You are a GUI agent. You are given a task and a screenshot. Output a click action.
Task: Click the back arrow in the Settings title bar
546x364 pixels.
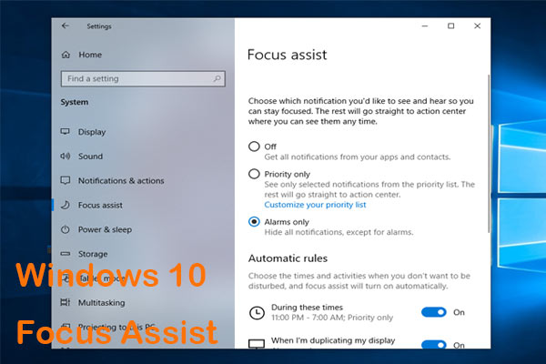coord(65,25)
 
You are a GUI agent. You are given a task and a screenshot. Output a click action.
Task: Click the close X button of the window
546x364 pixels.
coord(476,25)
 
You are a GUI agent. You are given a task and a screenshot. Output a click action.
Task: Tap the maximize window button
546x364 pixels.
coord(451,25)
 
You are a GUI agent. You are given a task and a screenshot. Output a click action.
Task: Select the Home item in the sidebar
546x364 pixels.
coord(90,54)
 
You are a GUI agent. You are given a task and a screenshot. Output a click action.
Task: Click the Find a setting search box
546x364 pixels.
coord(136,79)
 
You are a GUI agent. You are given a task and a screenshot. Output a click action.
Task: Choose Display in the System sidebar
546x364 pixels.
coord(92,132)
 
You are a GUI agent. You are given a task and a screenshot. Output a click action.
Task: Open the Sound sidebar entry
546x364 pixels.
coord(90,157)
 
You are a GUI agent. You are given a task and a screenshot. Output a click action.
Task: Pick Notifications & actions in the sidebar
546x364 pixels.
coord(121,181)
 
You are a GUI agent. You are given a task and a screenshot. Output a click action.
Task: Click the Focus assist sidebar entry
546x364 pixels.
coord(100,206)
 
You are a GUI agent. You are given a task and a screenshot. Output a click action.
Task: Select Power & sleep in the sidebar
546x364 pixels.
coord(105,230)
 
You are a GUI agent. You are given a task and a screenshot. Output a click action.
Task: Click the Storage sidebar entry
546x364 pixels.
coord(93,255)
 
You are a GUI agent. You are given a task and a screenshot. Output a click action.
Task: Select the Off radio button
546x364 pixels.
coord(254,147)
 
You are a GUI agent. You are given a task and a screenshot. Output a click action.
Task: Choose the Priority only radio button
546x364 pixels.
coord(254,173)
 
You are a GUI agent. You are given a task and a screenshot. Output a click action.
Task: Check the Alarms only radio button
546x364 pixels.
coord(254,221)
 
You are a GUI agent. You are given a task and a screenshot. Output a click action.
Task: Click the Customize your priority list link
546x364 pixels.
coord(315,205)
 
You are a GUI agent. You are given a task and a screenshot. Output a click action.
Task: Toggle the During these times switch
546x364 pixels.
coord(434,312)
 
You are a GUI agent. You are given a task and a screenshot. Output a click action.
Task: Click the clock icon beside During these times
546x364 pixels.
coord(256,313)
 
